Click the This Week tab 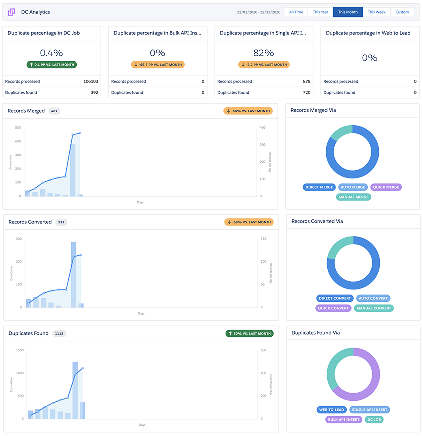pyautogui.click(x=377, y=12)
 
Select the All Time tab pyautogui.click(x=296, y=12)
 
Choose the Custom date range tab pyautogui.click(x=402, y=12)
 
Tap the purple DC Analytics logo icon pyautogui.click(x=11, y=12)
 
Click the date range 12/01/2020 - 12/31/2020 pyautogui.click(x=259, y=12)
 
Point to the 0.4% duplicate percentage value pyautogui.click(x=52, y=53)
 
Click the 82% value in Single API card pyautogui.click(x=264, y=53)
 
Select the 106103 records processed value pyautogui.click(x=91, y=81)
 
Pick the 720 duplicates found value pyautogui.click(x=307, y=92)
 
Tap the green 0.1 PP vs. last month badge pyautogui.click(x=52, y=65)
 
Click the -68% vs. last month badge pyautogui.click(x=248, y=111)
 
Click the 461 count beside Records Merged pyautogui.click(x=54, y=111)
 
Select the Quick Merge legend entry pyautogui.click(x=386, y=187)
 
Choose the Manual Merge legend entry pyautogui.click(x=354, y=197)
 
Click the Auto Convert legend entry pyautogui.click(x=373, y=298)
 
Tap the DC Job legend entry pyautogui.click(x=374, y=420)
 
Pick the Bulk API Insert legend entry pyautogui.click(x=344, y=420)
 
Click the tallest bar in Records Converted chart pyautogui.click(x=74, y=275)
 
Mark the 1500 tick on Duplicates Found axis pyautogui.click(x=20, y=350)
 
